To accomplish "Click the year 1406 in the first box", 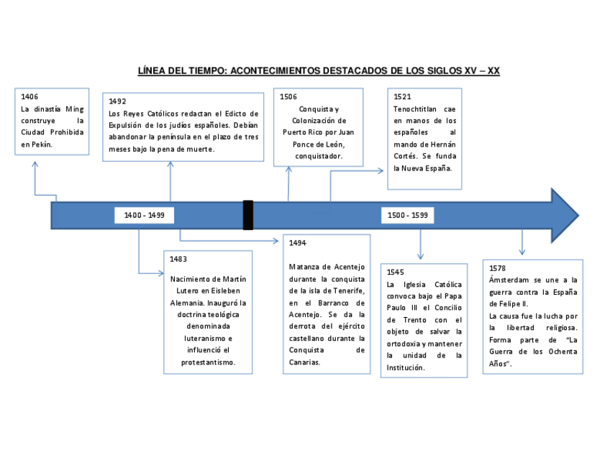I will pos(30,96).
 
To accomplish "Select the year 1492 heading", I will pos(117,101).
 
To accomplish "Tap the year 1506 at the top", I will pos(288,96).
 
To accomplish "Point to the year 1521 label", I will pos(402,96).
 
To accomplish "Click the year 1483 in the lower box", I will pos(179,259).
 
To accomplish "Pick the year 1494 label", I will pos(298,243).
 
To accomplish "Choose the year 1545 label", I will pos(396,272).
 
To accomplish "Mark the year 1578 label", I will pos(497,267).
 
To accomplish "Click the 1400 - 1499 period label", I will pos(145,215).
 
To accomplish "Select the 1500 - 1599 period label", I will pos(408,215).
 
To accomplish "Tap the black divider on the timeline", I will pos(248,215).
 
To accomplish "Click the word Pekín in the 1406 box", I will pos(42,145).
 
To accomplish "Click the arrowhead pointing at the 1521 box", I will pos(381,170).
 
